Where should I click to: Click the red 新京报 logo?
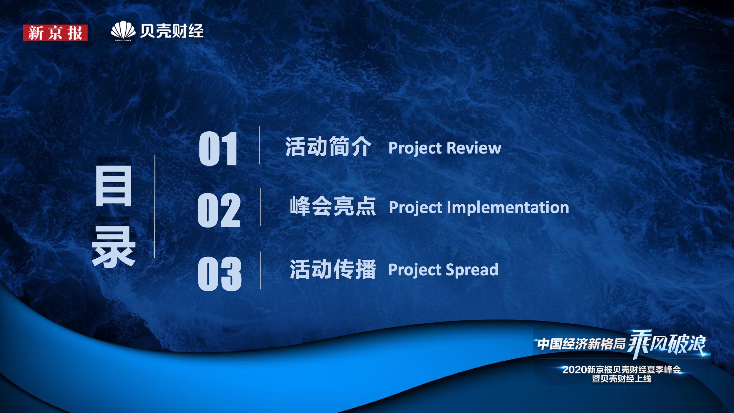[x=55, y=33]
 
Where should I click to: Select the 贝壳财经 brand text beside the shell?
[x=172, y=31]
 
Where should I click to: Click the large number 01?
[x=218, y=149]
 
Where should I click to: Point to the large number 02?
[x=219, y=210]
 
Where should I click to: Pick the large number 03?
[x=219, y=274]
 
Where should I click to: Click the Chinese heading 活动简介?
[x=328, y=147]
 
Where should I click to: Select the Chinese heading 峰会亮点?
[x=333, y=206]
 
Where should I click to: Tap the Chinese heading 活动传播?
[x=333, y=269]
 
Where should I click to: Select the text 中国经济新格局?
[x=581, y=344]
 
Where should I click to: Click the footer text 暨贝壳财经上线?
[x=622, y=379]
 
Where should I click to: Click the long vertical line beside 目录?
[x=155, y=207]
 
